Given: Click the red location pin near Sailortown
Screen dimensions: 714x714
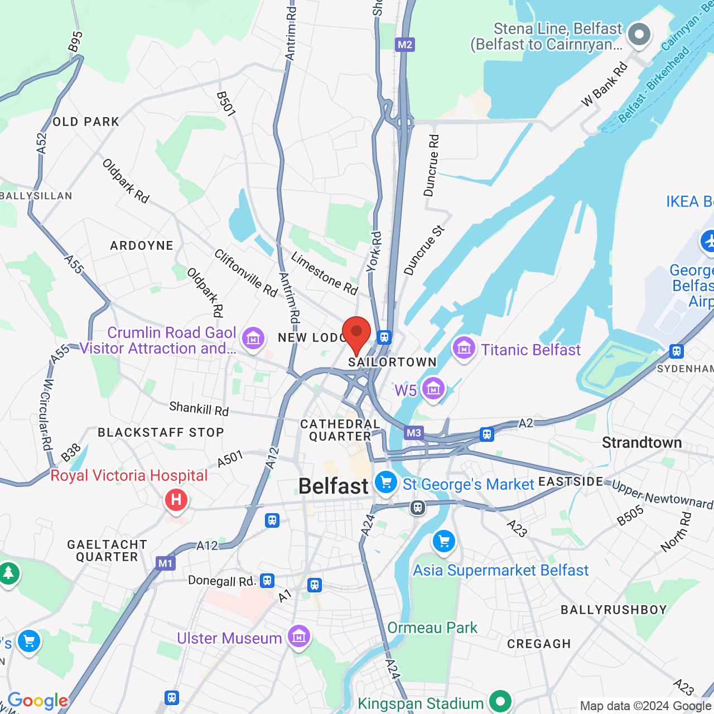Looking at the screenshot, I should (x=356, y=333).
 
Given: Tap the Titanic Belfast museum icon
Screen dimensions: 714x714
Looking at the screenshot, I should (x=464, y=349).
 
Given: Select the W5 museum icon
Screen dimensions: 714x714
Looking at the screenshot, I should (x=433, y=389).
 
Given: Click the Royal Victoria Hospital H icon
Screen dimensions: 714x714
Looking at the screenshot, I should (x=176, y=500).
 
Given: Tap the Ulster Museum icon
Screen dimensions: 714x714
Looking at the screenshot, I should (x=299, y=636).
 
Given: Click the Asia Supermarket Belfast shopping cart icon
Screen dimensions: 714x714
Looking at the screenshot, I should (x=444, y=541).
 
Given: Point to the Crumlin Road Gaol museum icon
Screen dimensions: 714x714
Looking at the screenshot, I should (x=253, y=338).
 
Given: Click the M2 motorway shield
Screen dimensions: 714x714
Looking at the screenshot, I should (x=405, y=45).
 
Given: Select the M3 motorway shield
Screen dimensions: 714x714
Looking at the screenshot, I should (x=413, y=433).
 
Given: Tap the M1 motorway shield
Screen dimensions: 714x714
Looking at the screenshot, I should (x=166, y=563).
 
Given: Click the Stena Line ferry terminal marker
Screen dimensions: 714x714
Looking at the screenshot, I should (x=639, y=35).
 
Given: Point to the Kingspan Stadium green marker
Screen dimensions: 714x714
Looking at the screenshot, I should (x=500, y=701).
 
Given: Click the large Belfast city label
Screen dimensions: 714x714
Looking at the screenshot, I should (x=333, y=486).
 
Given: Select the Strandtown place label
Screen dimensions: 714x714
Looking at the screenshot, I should (x=641, y=443).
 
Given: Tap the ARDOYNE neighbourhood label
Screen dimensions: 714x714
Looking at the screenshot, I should (x=142, y=245).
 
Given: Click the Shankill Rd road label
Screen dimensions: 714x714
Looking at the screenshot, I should (x=199, y=409).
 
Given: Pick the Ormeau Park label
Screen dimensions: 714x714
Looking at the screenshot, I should (x=432, y=628).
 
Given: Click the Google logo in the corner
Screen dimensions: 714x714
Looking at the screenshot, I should (x=37, y=701).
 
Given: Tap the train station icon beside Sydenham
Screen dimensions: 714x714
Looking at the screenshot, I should (x=676, y=351).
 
